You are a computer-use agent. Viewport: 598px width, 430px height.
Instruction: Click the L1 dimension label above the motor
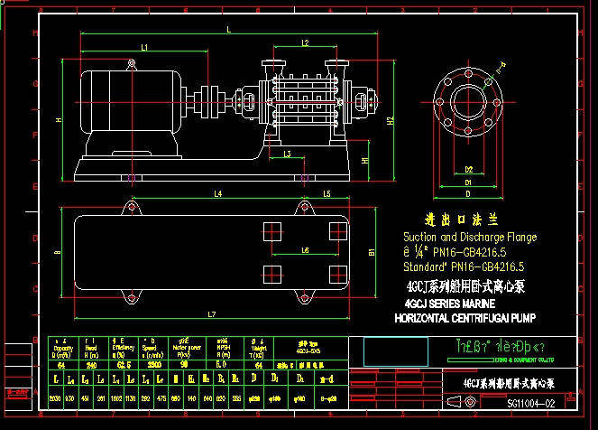[144, 47]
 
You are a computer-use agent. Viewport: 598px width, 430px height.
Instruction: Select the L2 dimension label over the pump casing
[306, 42]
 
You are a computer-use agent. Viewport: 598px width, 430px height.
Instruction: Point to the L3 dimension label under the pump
[287, 154]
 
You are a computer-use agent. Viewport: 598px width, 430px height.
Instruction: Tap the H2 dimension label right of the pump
[390, 120]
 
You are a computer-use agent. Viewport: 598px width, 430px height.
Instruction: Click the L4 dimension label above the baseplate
[218, 193]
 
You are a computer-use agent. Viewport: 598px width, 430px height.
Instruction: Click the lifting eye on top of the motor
[132, 63]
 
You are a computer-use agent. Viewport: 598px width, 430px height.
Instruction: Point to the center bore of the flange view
[468, 97]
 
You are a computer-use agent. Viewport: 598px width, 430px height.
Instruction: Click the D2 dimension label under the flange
[468, 169]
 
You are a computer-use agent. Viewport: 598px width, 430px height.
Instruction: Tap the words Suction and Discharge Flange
[469, 238]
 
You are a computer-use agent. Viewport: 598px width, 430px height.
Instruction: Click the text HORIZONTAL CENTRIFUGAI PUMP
[465, 318]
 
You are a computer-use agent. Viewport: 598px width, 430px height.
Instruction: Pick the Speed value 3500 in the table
[153, 365]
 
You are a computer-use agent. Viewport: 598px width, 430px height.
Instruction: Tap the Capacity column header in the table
[61, 350]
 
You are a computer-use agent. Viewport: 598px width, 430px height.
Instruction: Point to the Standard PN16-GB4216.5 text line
[464, 267]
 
